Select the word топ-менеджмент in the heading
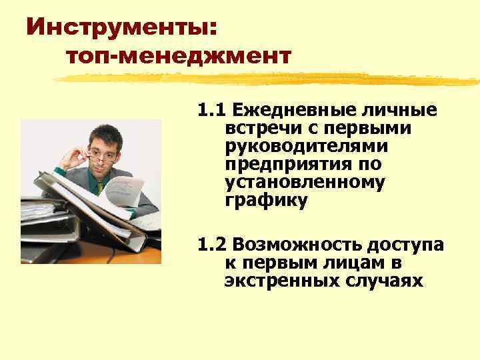point(179,56)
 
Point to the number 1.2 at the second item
point(211,245)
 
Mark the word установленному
point(305,181)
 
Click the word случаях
point(389,281)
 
